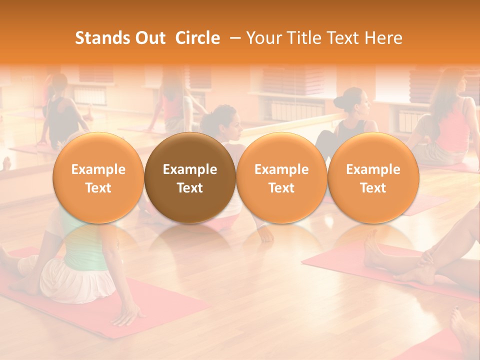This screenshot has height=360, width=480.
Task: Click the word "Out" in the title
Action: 149,38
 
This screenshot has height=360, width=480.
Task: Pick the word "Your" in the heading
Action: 263,38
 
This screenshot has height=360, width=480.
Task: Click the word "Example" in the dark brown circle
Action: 190,169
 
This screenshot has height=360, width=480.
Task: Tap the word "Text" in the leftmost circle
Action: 98,188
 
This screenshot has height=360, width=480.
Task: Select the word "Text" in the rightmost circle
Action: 373,188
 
